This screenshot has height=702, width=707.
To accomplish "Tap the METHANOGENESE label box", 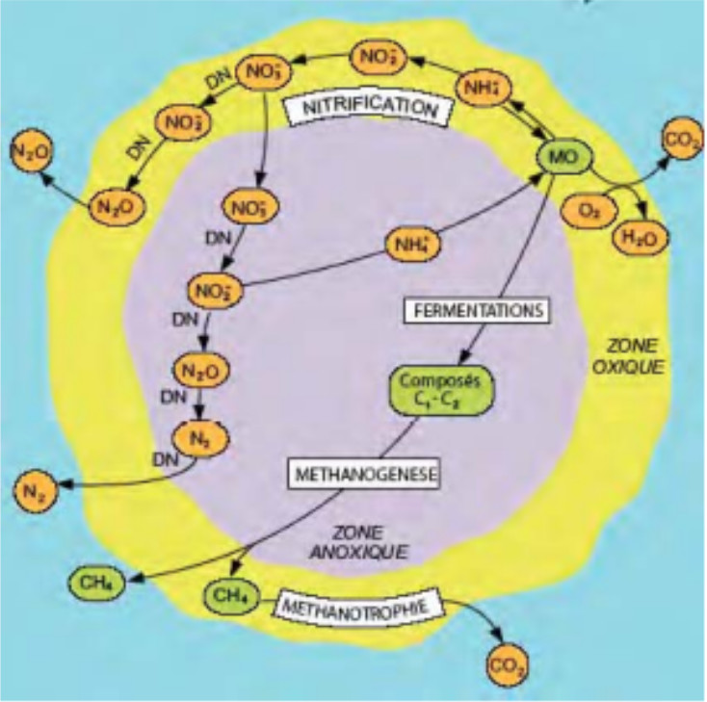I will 364,475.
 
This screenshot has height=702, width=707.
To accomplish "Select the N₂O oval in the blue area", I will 31,151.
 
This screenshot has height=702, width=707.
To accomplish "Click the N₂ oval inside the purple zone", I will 197,436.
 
